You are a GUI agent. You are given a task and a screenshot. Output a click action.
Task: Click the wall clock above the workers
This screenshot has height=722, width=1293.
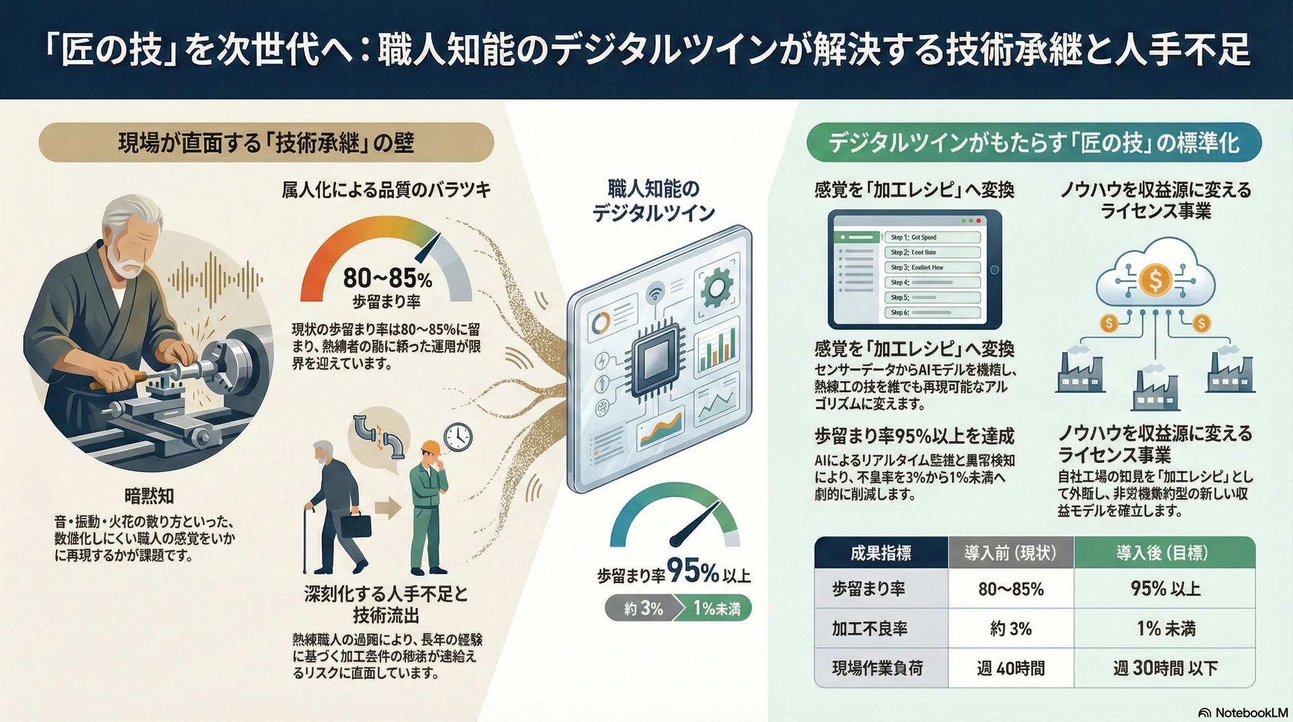point(458,437)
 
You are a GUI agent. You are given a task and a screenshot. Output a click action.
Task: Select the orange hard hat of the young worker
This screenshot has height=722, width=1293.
point(430,448)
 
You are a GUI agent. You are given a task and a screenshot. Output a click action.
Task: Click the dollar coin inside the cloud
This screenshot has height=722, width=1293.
point(1156,279)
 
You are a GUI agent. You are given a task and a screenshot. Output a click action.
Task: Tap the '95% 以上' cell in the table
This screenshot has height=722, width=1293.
point(1165,589)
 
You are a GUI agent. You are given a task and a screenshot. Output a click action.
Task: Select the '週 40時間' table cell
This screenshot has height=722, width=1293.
point(1011,668)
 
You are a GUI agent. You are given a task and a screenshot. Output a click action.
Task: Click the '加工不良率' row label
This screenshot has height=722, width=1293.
point(869,628)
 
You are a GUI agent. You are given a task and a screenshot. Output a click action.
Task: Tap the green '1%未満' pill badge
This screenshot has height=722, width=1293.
point(716,608)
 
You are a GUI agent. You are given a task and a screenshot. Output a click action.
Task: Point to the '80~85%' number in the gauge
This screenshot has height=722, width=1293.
point(387,277)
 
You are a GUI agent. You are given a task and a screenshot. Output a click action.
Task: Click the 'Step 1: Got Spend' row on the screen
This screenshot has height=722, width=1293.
point(932,237)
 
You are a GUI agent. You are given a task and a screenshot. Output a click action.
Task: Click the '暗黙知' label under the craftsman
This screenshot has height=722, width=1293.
point(149,496)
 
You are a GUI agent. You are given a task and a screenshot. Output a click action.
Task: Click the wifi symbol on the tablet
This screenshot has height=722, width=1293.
point(654,293)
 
